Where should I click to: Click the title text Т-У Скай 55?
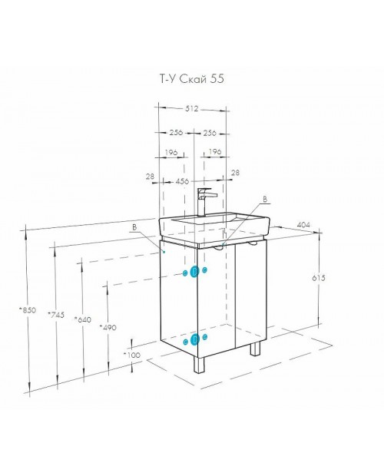[192, 79]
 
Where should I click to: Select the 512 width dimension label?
[191, 108]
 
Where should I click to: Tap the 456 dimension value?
[182, 181]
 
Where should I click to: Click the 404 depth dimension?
[303, 225]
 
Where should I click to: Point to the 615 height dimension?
[319, 278]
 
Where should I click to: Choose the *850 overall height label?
[28, 310]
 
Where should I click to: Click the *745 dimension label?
[56, 315]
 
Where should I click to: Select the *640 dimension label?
[83, 319]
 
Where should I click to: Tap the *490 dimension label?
[108, 327]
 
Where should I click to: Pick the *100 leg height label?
[132, 355]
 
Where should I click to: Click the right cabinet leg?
[255, 349]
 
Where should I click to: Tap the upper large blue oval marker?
[194, 272]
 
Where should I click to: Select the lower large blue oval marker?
[194, 339]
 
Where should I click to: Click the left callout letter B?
[134, 227]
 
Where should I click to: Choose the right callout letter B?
[265, 199]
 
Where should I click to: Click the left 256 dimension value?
[176, 132]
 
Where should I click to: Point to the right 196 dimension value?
[215, 151]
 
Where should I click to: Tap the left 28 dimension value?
[150, 177]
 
